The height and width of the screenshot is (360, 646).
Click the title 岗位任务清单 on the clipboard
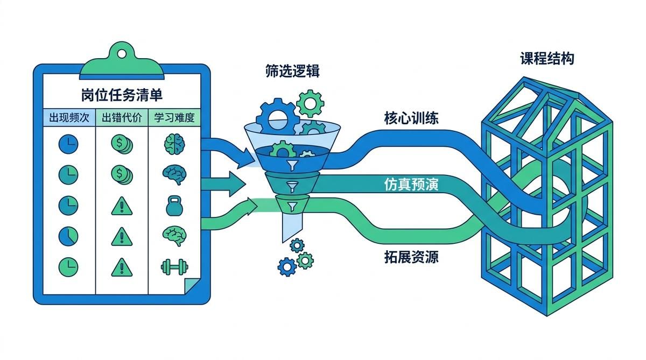122,95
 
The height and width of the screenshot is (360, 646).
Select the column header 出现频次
69,118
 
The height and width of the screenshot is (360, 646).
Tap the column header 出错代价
122,118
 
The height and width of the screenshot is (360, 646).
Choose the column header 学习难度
174,118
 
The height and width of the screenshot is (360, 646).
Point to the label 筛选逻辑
292,71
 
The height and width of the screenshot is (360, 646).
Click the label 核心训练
411,118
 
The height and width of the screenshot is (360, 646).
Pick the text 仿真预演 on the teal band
411,184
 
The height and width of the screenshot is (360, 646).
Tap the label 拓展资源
411,257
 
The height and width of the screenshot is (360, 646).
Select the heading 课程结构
547,59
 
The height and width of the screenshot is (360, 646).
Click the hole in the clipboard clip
122,54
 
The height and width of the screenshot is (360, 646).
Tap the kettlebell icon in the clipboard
174,206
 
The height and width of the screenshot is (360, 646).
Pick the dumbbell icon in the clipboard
174,267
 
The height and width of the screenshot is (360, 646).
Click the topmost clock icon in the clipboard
68,144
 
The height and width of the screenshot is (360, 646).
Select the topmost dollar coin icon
122,144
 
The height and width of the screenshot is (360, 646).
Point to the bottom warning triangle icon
122,267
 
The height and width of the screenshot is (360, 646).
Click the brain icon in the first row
174,144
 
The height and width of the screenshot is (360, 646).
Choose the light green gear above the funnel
310,103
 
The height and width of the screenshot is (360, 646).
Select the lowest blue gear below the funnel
287,267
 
